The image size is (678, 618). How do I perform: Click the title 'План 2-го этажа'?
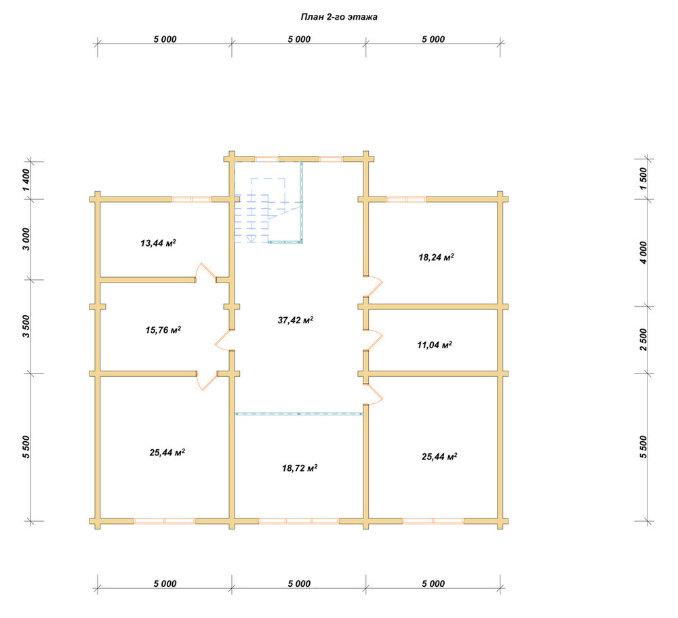click(x=339, y=17)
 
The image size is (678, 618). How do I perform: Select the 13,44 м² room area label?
click(x=158, y=243)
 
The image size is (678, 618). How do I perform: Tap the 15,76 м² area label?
click(x=163, y=330)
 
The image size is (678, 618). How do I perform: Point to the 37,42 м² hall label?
click(x=296, y=321)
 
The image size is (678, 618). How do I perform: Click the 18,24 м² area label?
click(x=436, y=257)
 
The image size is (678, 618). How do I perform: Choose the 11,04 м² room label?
click(x=435, y=345)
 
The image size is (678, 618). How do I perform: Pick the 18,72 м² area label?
click(x=300, y=468)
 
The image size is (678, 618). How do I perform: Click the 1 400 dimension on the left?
click(x=26, y=180)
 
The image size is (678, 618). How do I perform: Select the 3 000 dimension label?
click(x=26, y=239)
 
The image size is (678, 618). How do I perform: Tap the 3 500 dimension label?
click(x=26, y=327)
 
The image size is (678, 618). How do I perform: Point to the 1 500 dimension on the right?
click(x=644, y=179)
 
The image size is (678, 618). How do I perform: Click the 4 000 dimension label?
click(x=644, y=253)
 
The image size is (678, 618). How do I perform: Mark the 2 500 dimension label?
click(x=644, y=339)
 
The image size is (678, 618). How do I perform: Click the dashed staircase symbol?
click(x=268, y=210)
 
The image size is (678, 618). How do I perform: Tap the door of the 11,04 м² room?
click(x=374, y=340)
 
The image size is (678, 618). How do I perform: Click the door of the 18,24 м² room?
click(x=373, y=287)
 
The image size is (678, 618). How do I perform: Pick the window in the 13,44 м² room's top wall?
click(x=192, y=200)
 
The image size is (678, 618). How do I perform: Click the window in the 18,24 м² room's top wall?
click(x=406, y=200)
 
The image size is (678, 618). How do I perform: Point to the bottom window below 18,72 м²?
click(x=299, y=521)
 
